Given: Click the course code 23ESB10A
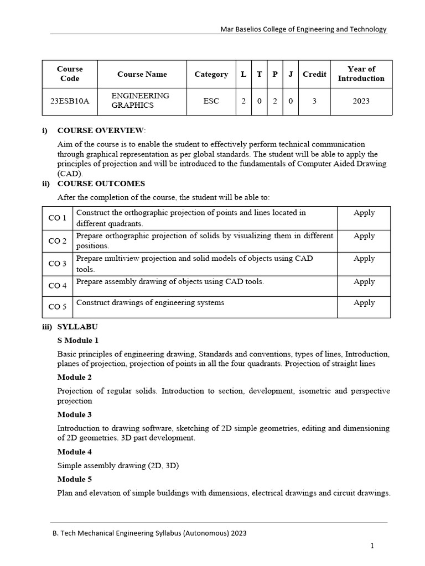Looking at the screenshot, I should (69, 101).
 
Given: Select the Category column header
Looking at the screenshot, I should (211, 74).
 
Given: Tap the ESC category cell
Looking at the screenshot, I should (211, 101).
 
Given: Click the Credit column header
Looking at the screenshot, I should (314, 74).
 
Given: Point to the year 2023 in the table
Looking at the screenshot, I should (361, 101).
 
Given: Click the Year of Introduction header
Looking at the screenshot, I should (361, 74).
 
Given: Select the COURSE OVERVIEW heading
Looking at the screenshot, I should (101, 130).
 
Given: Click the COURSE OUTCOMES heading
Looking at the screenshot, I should (101, 184).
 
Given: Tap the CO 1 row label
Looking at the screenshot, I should (58, 218).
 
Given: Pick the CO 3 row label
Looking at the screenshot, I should (58, 264).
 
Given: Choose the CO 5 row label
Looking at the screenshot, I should (58, 307).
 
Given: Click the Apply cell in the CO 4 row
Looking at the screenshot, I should (364, 281).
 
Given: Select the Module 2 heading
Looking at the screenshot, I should (75, 377).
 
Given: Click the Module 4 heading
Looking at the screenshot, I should (75, 452).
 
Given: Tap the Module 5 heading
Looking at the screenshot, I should (75, 479).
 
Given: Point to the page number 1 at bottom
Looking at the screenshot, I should (372, 546).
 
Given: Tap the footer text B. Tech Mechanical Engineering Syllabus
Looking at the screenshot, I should (149, 533).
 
